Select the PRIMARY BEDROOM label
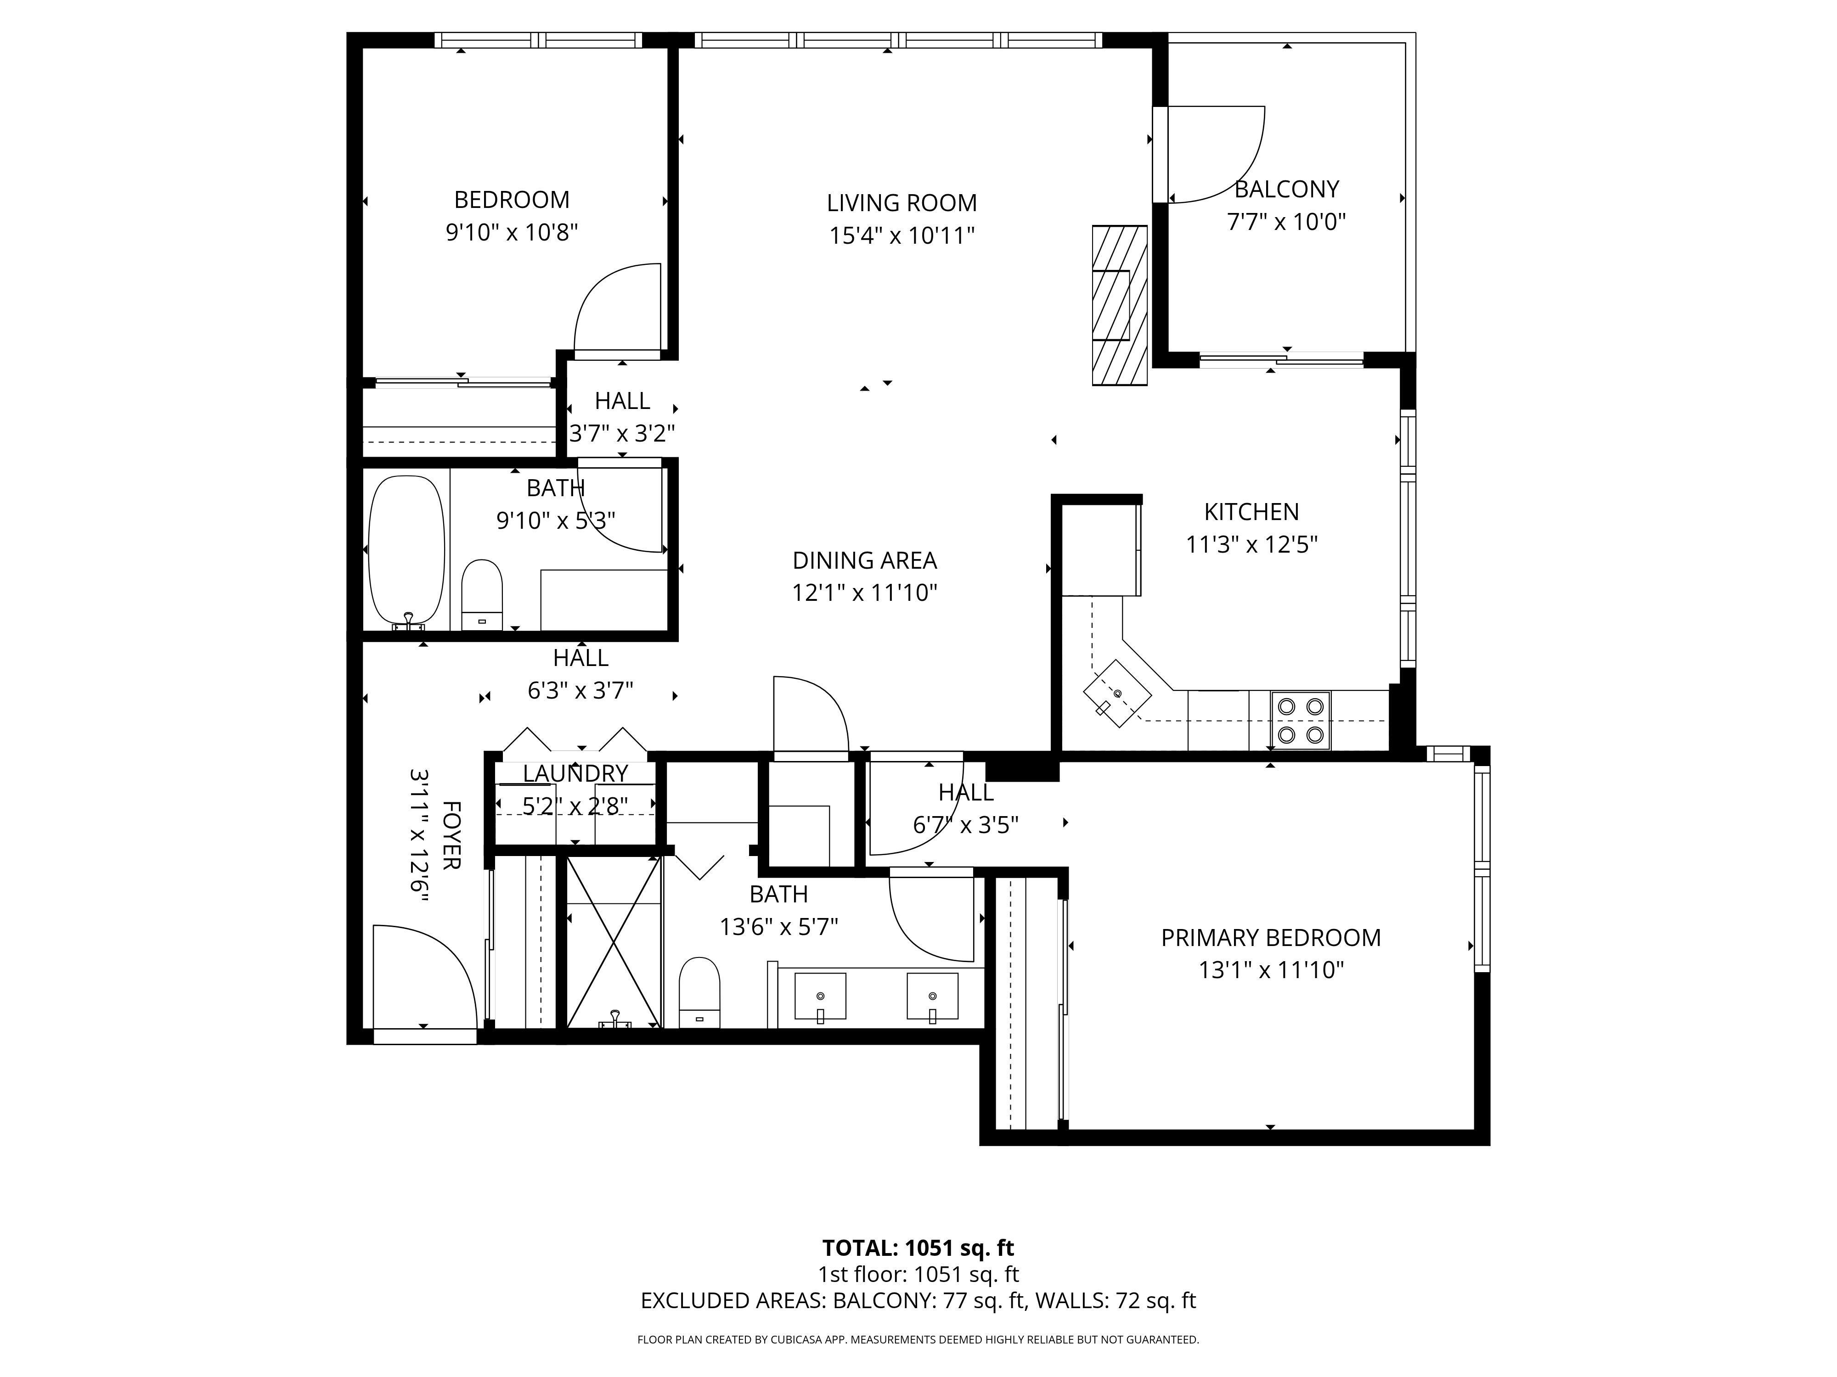point(1271,937)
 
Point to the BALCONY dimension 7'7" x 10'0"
point(1286,222)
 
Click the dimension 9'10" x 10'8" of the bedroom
point(512,232)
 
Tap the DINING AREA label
point(864,560)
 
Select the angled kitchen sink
point(1118,693)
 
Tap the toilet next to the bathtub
point(483,595)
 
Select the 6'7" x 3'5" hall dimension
point(966,825)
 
